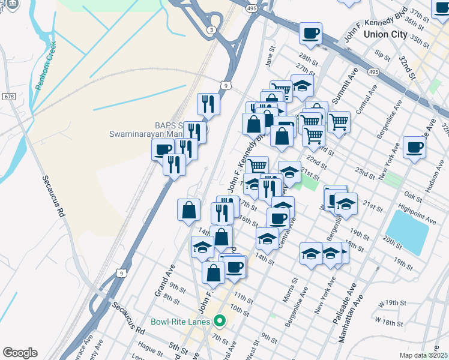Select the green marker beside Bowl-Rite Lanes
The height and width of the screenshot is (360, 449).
coord(220,322)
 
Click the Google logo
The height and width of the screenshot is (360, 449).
coord(20,353)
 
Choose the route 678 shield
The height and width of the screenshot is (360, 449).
coord(8,96)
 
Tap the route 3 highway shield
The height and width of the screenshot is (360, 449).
coord(211,30)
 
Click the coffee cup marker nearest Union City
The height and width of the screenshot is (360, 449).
coord(310,33)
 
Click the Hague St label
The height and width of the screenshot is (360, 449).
coord(146,346)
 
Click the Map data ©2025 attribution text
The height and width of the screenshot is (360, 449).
coord(424,355)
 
